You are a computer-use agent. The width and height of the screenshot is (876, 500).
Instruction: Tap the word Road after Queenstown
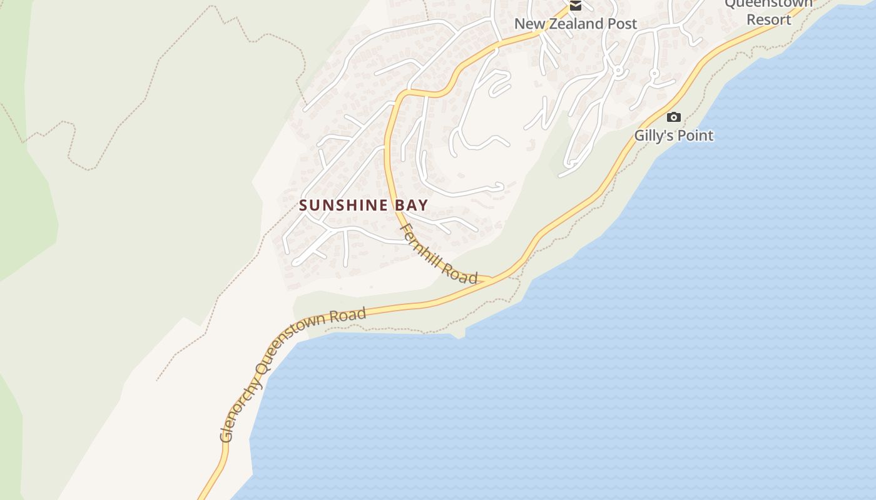349,314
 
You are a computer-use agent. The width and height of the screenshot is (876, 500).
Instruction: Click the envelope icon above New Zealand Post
575,6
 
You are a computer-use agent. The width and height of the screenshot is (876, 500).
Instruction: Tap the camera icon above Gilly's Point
673,117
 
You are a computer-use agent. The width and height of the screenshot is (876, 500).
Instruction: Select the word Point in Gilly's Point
696,135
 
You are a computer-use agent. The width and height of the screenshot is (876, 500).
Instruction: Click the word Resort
768,19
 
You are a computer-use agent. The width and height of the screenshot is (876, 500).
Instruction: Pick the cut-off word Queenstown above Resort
768,4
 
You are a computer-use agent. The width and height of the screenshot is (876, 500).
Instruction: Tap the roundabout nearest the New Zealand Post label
618,71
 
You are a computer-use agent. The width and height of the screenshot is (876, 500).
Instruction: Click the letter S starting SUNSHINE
303,205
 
